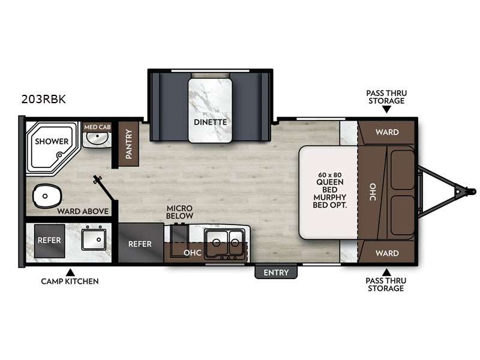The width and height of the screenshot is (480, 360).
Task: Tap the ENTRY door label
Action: point(276,272)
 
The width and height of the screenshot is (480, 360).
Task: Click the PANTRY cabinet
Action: point(128,143)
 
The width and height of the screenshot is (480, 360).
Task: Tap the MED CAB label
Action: point(96,127)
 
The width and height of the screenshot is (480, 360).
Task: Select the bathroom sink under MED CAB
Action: point(96,139)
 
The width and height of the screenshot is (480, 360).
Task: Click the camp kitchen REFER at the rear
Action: point(49,239)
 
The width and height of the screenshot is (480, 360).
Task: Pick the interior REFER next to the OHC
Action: point(140,244)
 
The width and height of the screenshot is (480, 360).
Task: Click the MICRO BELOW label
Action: point(180,211)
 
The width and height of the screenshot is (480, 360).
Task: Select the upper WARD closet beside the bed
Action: point(386,132)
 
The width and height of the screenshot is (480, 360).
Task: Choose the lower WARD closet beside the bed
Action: point(386,253)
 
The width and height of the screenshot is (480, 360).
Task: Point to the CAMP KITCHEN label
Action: point(70,281)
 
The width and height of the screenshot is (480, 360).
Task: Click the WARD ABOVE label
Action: point(82,211)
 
